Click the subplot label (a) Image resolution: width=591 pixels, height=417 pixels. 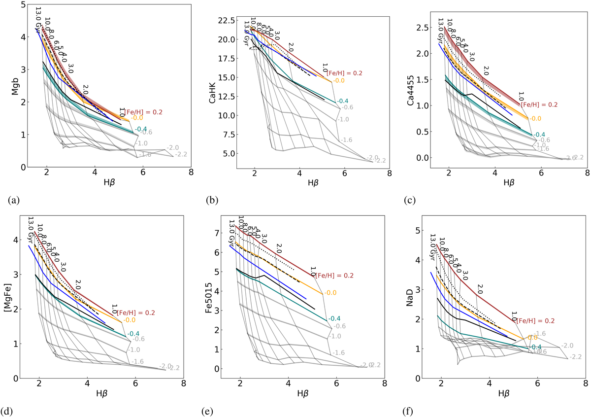point(14,201)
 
